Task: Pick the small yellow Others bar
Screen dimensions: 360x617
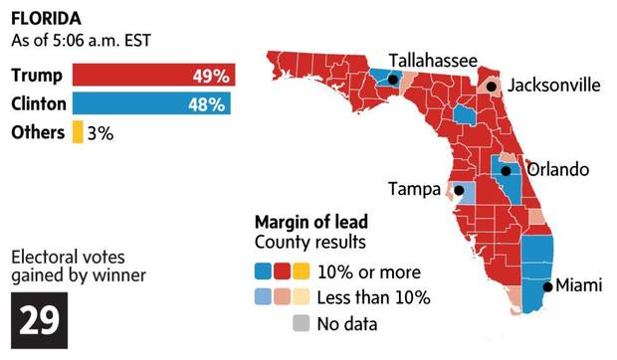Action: (77, 131)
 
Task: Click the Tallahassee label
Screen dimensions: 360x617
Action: (432, 60)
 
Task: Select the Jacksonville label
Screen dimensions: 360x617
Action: (553, 86)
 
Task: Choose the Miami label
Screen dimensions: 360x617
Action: (578, 285)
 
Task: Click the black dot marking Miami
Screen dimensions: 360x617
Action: (546, 287)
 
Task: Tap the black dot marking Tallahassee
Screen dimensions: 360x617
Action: (393, 80)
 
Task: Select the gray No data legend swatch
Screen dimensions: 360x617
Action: (300, 322)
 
